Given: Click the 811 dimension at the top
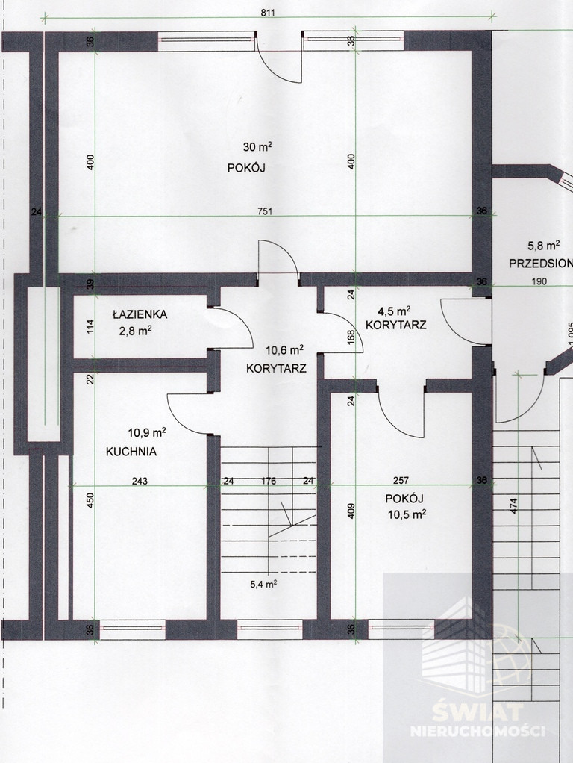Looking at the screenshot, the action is click(x=268, y=13).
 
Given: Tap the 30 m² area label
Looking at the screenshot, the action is click(x=257, y=146).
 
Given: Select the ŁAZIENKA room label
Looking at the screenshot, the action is click(x=140, y=314).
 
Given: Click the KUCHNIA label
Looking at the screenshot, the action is click(x=131, y=452).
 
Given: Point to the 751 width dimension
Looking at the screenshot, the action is click(x=265, y=211).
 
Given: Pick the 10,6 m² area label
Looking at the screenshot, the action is click(x=284, y=349).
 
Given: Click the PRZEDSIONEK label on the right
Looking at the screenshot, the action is click(x=541, y=264).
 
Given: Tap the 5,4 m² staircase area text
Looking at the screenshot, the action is click(x=263, y=584).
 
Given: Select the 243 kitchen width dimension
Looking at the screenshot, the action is click(x=140, y=482).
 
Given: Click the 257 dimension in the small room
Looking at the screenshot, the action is click(x=401, y=481).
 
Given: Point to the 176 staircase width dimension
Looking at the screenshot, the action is click(x=269, y=482).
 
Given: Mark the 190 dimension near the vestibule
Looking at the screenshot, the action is click(x=539, y=281).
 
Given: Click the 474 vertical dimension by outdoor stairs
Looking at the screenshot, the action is click(x=513, y=506).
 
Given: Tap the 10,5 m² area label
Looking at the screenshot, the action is click(x=407, y=514).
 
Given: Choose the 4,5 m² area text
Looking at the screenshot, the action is click(x=395, y=311).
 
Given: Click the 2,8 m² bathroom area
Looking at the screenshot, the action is click(x=135, y=331).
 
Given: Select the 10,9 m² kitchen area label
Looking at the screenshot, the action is click(x=147, y=432).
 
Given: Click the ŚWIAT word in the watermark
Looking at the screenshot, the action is click(x=477, y=712).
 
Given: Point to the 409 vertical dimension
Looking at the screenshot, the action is click(x=351, y=511).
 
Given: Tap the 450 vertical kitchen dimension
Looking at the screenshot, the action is click(x=90, y=501).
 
